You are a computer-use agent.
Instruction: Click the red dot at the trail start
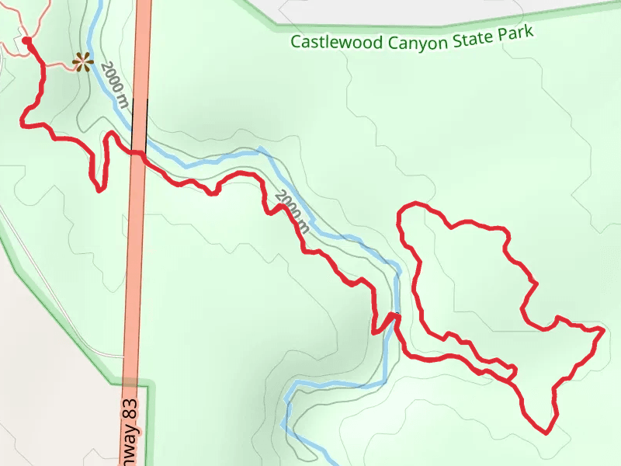click(x=26, y=40)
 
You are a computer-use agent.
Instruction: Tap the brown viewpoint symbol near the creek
click(x=82, y=61)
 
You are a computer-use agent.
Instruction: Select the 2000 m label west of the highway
click(x=113, y=85)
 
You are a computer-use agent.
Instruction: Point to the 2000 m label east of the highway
click(x=293, y=211)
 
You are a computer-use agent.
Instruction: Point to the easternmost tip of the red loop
click(x=602, y=331)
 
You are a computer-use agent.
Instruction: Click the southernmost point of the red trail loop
click(x=546, y=432)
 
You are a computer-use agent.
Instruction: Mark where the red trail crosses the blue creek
click(x=396, y=315)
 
